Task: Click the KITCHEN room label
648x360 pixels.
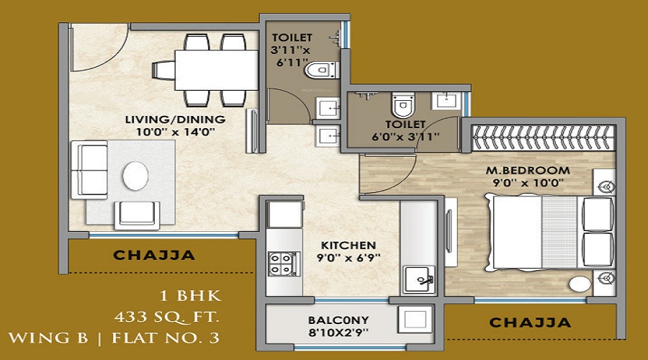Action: [x=348, y=245]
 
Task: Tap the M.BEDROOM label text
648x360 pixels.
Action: [x=528, y=171]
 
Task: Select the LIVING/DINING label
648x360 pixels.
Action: [x=175, y=120]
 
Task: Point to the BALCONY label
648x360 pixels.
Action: [x=338, y=320]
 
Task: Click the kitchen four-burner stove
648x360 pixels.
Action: [x=281, y=264]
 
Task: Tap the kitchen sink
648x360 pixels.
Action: [x=419, y=279]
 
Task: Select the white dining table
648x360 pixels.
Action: [x=217, y=70]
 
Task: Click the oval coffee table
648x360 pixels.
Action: [x=135, y=176]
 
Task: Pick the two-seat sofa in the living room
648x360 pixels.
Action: [x=89, y=170]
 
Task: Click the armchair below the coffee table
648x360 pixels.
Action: [x=138, y=215]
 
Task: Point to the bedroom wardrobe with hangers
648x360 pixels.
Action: [x=543, y=137]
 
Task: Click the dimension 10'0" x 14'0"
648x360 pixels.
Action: [x=175, y=132]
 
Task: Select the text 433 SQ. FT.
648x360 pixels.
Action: [x=167, y=317]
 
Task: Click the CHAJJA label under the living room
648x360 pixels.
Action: [x=154, y=255]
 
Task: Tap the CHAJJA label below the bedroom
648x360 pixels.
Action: [x=530, y=323]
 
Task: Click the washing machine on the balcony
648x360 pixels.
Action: [x=415, y=319]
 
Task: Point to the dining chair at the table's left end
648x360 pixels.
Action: [x=163, y=70]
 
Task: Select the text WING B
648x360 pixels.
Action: [x=48, y=338]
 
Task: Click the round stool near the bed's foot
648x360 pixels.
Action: [x=580, y=284]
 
